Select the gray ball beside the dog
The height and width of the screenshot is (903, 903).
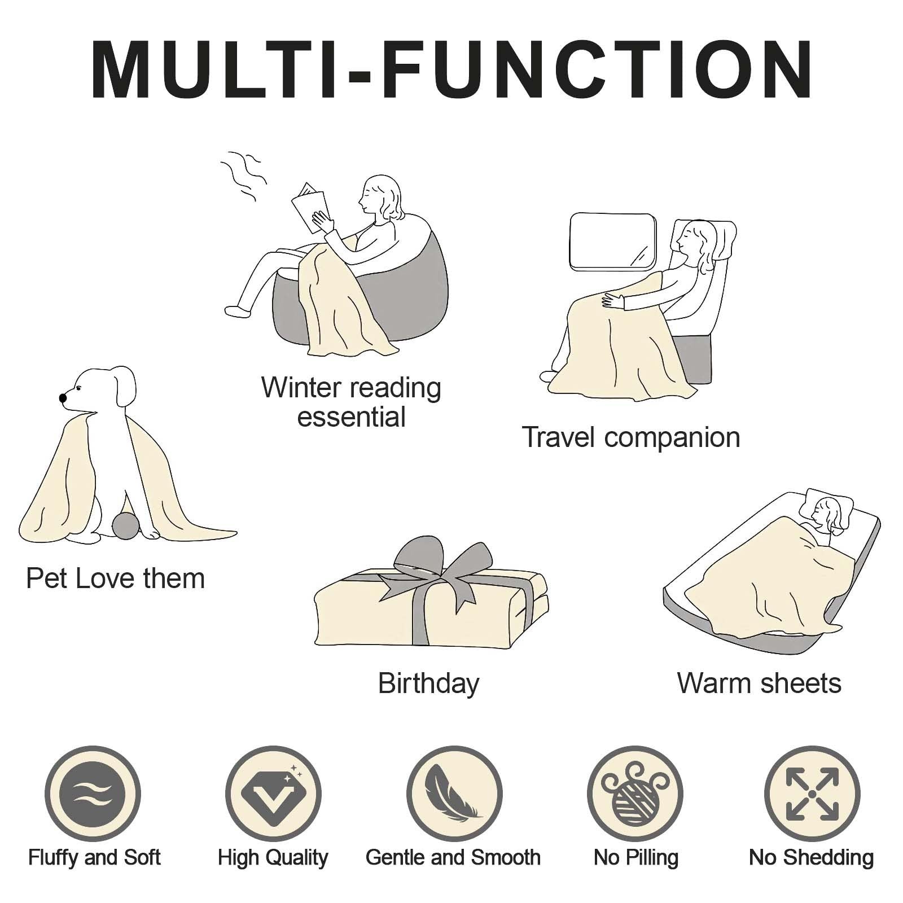125,526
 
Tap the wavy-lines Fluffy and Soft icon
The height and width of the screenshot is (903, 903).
93,794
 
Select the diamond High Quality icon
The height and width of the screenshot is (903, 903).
273,794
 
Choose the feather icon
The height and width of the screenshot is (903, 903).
454,794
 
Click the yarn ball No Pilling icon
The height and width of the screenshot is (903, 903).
635,794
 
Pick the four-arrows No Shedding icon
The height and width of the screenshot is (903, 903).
812,794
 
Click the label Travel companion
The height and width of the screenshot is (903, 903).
630,437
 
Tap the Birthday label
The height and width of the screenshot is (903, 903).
428,684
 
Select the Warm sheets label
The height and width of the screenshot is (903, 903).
759,683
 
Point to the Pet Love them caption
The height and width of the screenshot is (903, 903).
115,578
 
